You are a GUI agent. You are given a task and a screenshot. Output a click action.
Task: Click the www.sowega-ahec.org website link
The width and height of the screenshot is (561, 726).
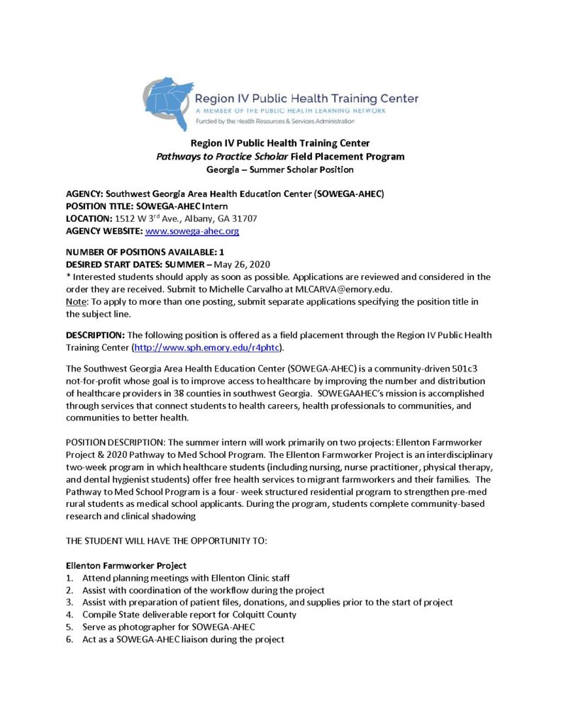coord(191,231)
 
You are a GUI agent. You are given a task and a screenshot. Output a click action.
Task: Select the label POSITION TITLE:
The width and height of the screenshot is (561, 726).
coord(99,206)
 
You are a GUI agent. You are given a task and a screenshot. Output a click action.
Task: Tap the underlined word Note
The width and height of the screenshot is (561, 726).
coord(77,301)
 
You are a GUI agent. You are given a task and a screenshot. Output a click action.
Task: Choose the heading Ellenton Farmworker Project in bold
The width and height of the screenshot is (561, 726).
coord(126,566)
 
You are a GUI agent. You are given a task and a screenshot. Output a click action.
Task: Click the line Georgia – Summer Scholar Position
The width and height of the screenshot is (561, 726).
coord(280,169)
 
